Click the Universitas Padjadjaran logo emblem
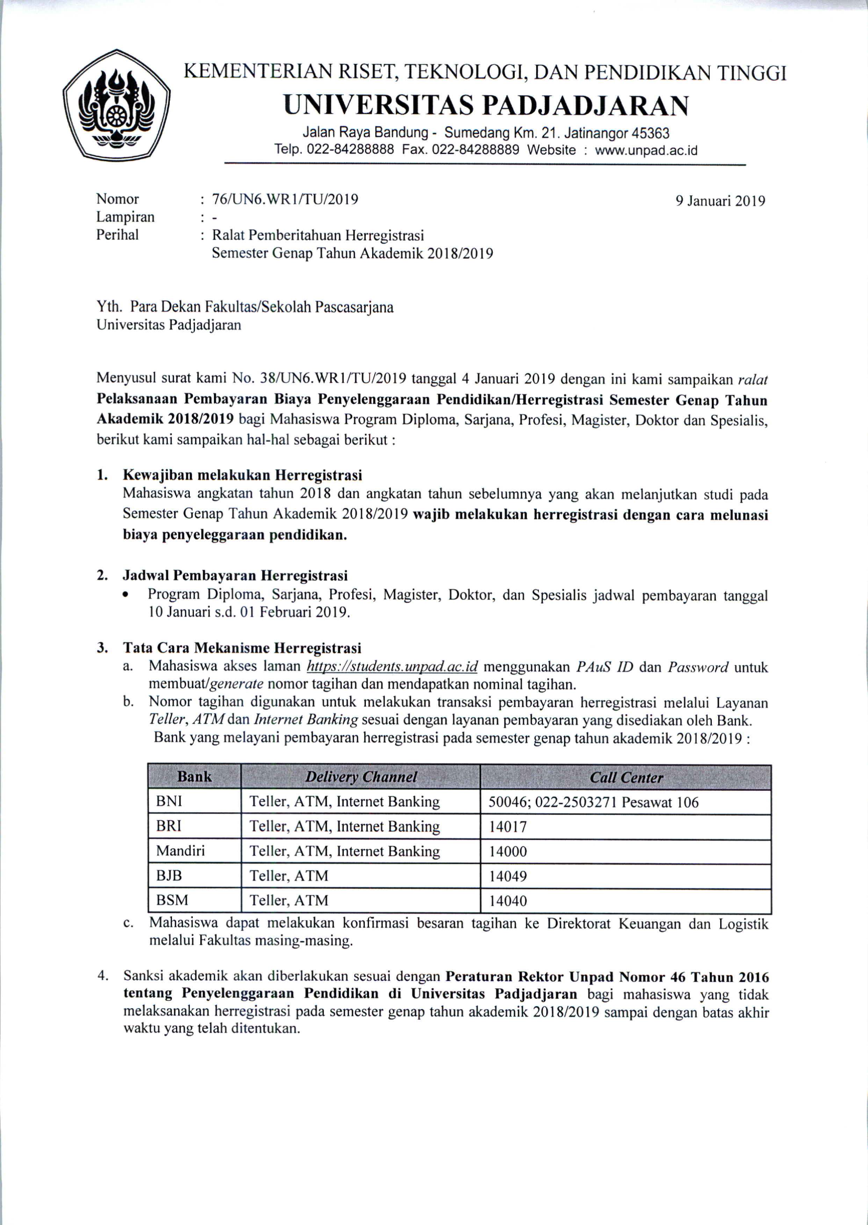tap(116, 104)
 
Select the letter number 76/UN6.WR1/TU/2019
tap(285, 199)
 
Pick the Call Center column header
tap(626, 777)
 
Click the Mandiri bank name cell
tap(180, 851)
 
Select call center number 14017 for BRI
tap(508, 827)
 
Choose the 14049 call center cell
tap(508, 876)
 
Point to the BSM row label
tap(172, 900)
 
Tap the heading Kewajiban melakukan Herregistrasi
tap(242, 475)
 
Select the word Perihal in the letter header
tap(117, 235)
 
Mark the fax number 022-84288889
tap(475, 150)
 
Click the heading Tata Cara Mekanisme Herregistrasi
tap(242, 648)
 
